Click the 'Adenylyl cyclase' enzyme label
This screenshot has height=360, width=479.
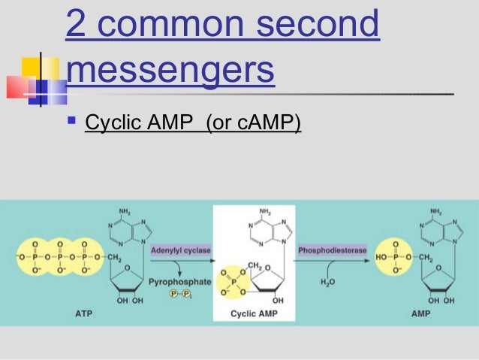click(x=181, y=249)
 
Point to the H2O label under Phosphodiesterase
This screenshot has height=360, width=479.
click(x=328, y=283)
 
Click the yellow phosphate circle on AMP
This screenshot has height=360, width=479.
click(x=396, y=257)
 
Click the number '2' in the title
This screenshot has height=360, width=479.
click(x=74, y=24)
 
